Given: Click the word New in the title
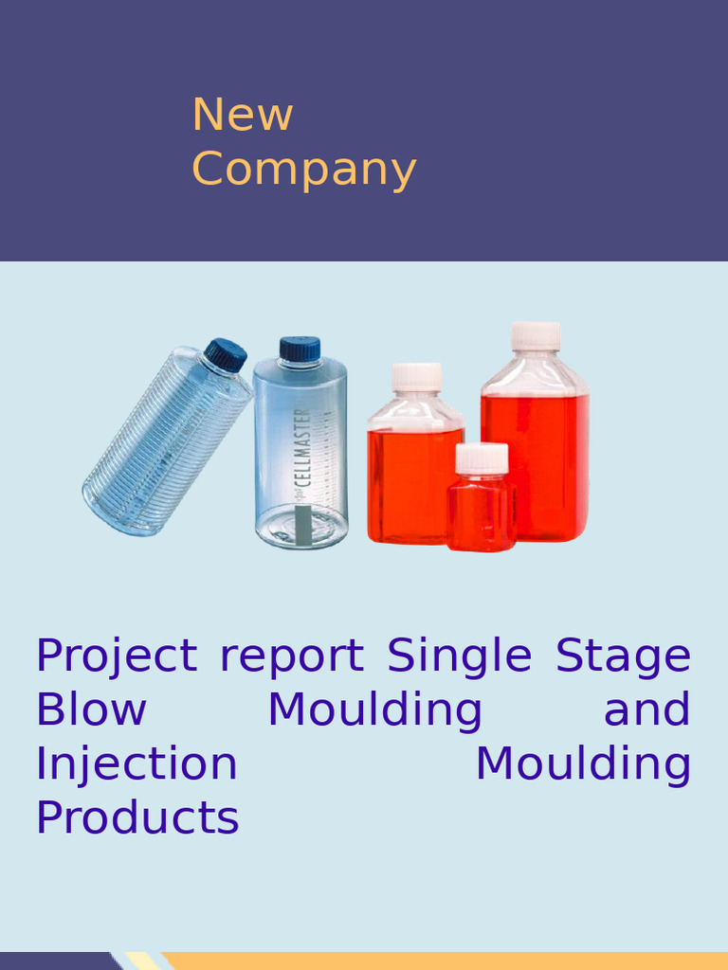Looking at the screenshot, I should click(243, 116).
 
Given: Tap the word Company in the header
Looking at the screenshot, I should click(303, 171).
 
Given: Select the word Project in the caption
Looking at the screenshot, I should click(117, 656).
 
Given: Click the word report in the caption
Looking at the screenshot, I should click(291, 656).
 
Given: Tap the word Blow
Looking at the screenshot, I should click(91, 710).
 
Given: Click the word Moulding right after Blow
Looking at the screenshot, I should click(374, 711).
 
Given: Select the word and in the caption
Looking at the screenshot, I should click(646, 710).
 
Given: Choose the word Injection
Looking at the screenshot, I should click(136, 764).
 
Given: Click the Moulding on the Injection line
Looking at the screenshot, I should click(582, 765).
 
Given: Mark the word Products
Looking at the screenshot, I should click(137, 818).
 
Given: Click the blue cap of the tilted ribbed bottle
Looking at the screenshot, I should click(226, 354).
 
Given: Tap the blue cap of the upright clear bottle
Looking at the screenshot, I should click(300, 349).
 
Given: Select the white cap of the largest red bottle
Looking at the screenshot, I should click(536, 336).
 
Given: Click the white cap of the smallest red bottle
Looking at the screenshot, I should click(482, 458).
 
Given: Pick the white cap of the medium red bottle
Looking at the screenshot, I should click(417, 376).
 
